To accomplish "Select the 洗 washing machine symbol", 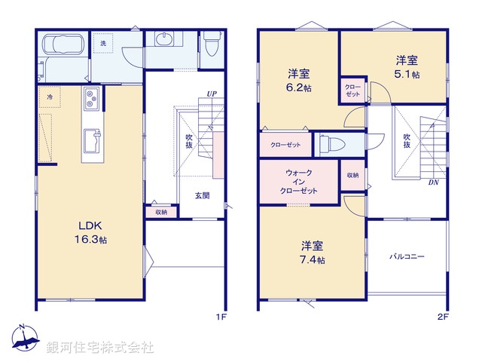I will (102, 44).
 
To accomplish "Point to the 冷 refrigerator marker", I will (50, 97).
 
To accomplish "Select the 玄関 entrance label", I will (203, 195).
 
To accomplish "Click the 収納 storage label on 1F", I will (162, 212).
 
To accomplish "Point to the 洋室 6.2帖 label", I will (299, 81).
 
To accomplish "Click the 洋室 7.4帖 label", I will (313, 253).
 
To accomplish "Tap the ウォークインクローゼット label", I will (298, 182).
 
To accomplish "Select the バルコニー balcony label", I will (407, 256).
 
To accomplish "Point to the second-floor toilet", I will (329, 143).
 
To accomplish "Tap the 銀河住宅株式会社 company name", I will (99, 348).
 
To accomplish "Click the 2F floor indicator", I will (442, 318).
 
